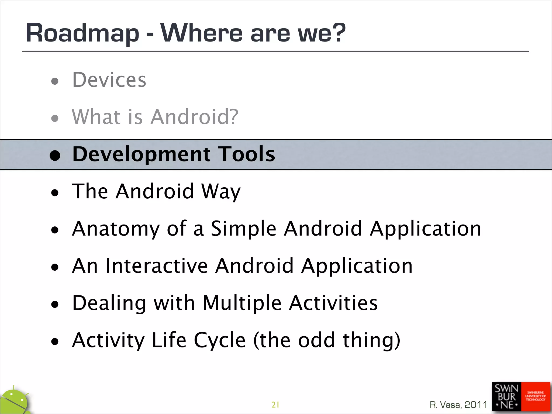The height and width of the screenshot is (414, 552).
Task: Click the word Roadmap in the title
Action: pyautogui.click(x=82, y=33)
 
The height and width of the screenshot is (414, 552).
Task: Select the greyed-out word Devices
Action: pyautogui.click(x=109, y=80)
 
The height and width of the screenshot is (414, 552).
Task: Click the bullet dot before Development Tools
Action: pyautogui.click(x=55, y=156)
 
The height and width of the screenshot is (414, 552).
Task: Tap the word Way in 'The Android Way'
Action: pyautogui.click(x=221, y=192)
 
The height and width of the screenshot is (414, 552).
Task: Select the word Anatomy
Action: pyautogui.click(x=116, y=229)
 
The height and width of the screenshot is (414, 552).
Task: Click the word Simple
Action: pyautogui.click(x=243, y=229)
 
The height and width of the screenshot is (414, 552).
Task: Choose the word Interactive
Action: pyautogui.click(x=157, y=266)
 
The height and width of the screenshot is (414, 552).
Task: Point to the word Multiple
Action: pyautogui.click(x=242, y=303)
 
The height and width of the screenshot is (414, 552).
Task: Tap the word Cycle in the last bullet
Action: pyautogui.click(x=219, y=340)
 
